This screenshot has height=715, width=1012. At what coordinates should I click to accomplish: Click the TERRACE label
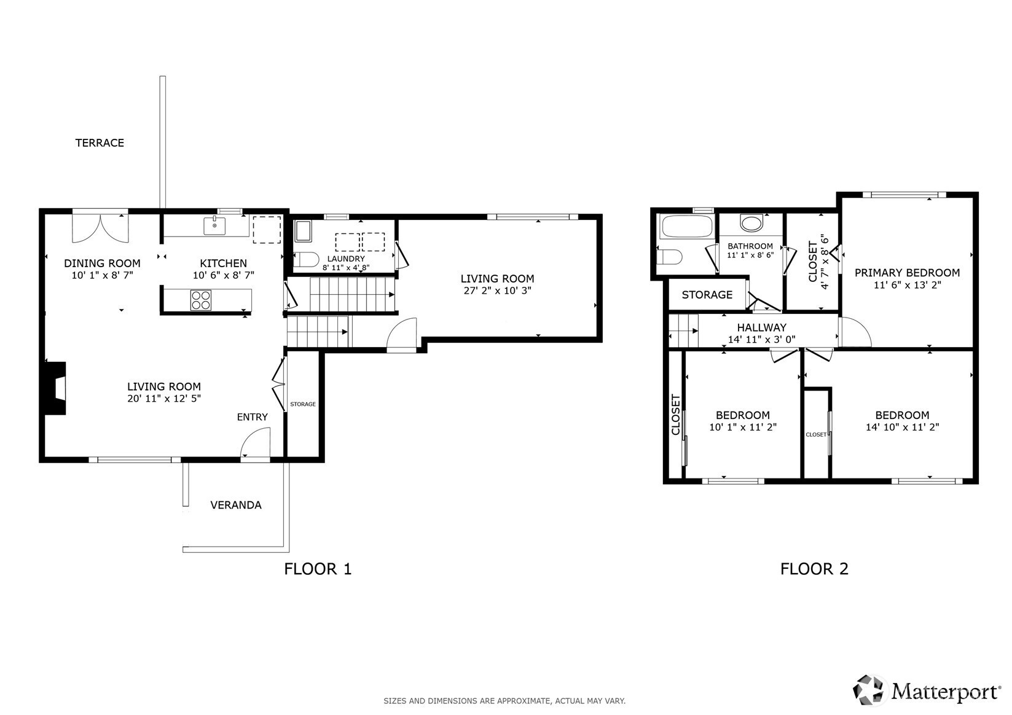click(x=100, y=143)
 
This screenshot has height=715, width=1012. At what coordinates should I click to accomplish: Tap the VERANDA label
click(x=236, y=505)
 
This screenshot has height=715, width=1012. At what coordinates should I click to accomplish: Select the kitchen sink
click(x=214, y=226)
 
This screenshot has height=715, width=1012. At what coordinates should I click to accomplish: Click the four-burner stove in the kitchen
click(x=201, y=300)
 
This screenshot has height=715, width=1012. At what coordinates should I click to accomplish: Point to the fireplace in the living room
click(x=55, y=388)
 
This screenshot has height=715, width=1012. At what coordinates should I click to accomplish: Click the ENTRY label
click(x=252, y=417)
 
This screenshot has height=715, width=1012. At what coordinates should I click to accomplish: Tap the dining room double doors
click(x=100, y=228)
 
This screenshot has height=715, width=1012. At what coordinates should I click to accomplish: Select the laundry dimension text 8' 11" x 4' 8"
click(x=346, y=267)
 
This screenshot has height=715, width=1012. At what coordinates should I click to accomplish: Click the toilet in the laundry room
click(x=307, y=259)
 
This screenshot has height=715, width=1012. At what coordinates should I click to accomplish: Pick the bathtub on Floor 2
click(x=687, y=226)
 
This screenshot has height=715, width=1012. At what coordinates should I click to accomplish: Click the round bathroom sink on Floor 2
click(x=751, y=223)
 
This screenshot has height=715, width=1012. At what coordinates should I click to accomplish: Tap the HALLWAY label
click(x=762, y=327)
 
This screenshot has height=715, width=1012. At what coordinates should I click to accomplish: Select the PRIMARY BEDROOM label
click(x=907, y=273)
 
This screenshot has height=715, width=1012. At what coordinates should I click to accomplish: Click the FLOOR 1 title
click(x=318, y=569)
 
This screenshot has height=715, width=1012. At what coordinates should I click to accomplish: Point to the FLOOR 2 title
click(x=814, y=569)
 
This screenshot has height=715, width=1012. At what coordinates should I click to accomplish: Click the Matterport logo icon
click(x=869, y=690)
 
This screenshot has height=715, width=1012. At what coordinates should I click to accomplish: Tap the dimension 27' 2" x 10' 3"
click(x=498, y=291)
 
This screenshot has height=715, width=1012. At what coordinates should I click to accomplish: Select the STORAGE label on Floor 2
click(x=707, y=295)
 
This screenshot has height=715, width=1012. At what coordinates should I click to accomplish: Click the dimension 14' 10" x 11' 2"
click(x=902, y=427)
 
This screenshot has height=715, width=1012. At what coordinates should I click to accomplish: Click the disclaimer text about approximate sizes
click(x=504, y=701)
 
